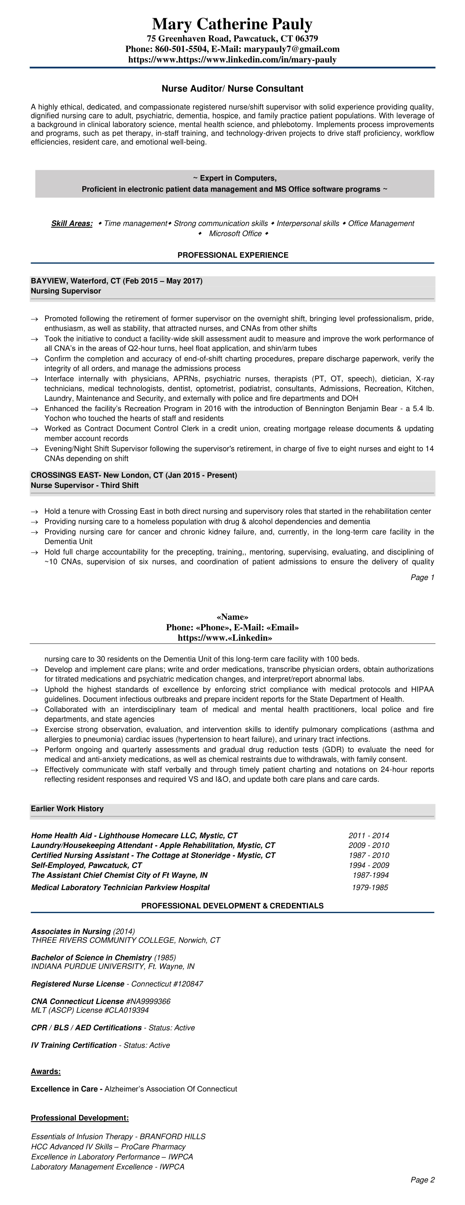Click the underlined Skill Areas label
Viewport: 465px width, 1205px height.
(x=72, y=223)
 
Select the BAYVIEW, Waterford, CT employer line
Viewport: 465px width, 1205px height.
(x=116, y=281)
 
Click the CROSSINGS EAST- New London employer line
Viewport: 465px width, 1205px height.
(x=134, y=475)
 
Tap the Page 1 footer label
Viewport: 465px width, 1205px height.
(x=422, y=578)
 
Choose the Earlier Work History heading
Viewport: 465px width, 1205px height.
(x=67, y=809)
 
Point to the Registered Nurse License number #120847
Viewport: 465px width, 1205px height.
(x=185, y=984)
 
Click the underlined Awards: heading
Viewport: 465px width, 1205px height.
(x=46, y=1071)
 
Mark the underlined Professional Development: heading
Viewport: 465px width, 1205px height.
(x=79, y=1118)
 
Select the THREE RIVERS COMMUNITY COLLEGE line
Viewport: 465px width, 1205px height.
(x=125, y=940)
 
